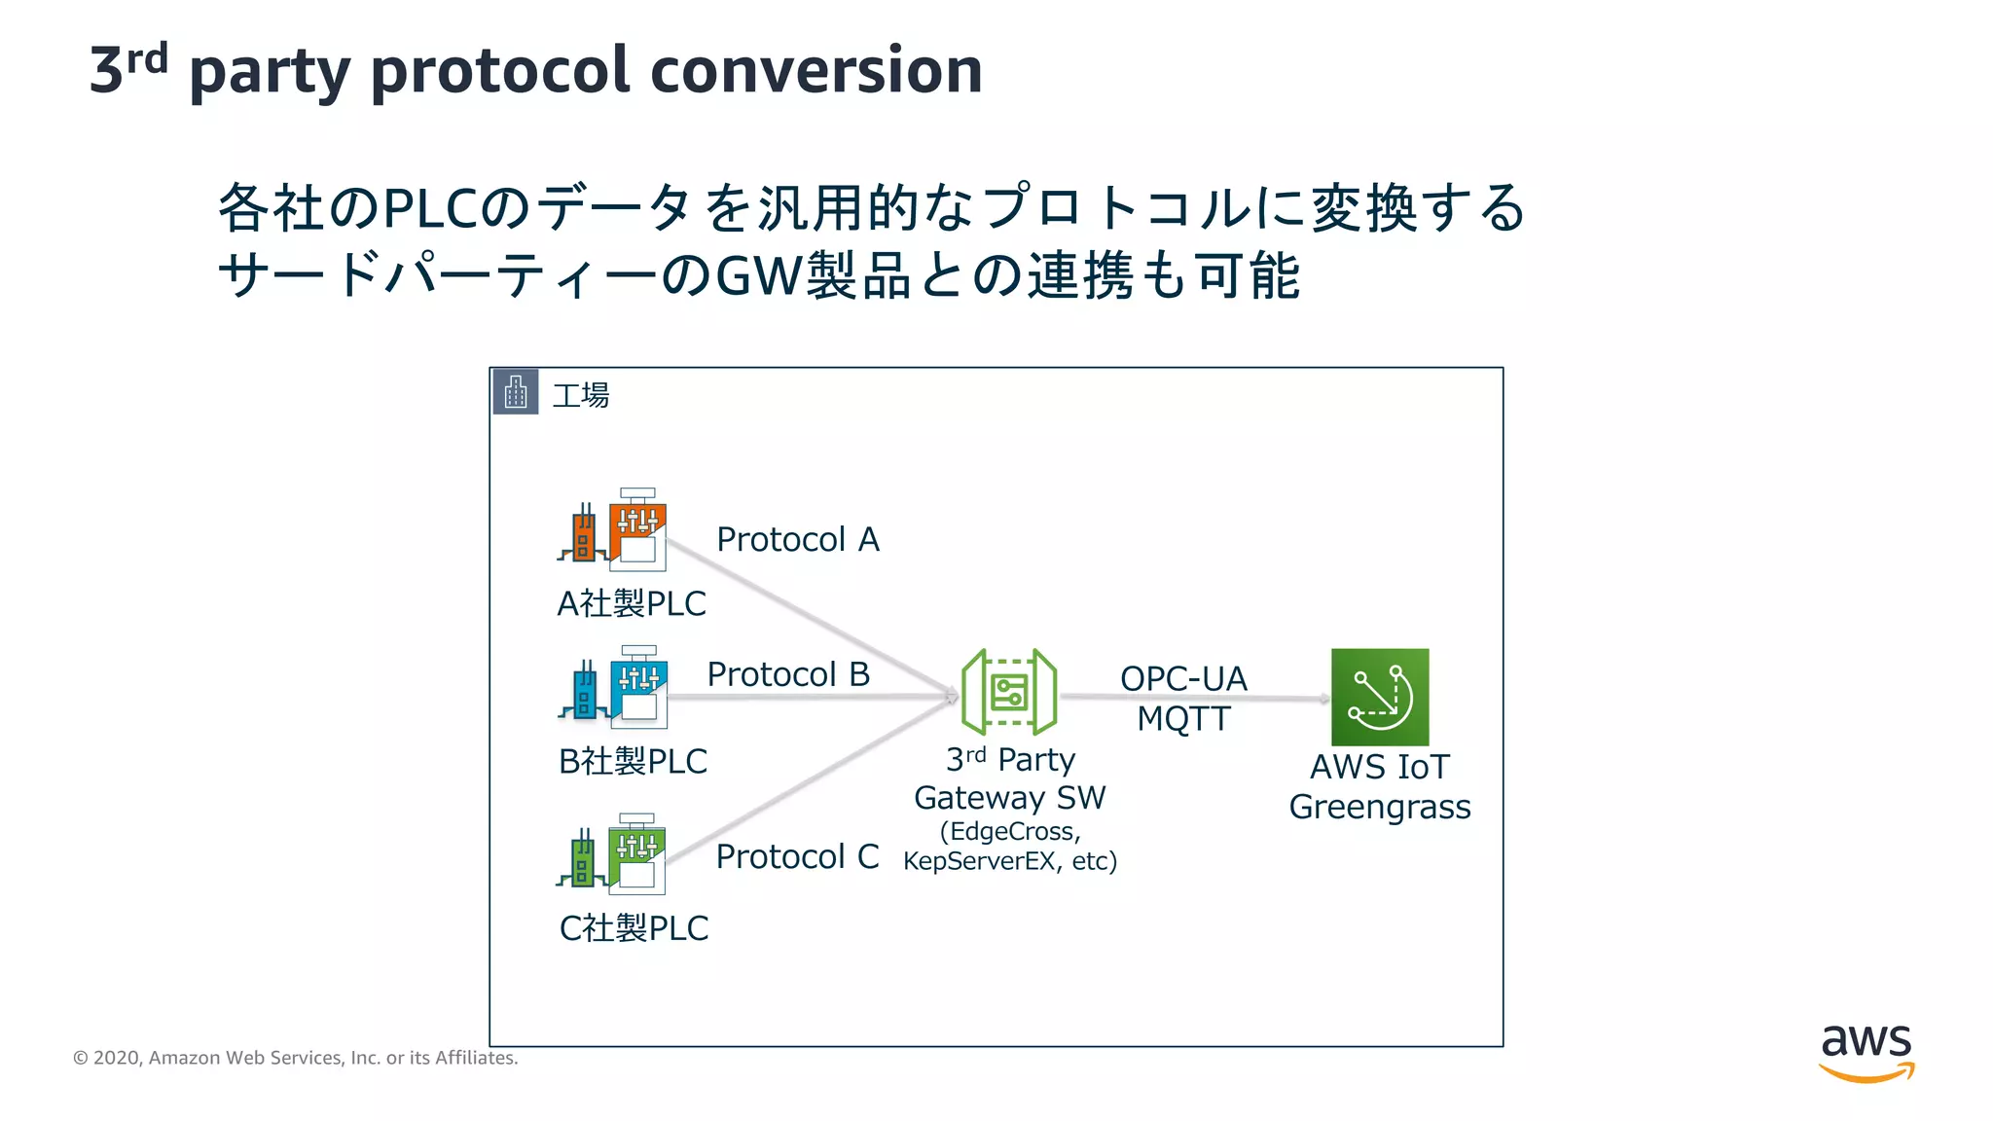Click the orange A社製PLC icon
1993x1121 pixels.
pos(614,530)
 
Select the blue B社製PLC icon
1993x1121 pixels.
pos(614,687)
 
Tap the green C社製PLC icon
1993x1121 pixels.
pos(612,854)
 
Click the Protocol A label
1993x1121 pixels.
pos(798,540)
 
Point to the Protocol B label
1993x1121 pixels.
pos(788,674)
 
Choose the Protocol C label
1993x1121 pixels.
pos(797,857)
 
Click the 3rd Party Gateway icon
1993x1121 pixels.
pos(1009,692)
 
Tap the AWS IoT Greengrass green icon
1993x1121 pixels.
pos(1379,697)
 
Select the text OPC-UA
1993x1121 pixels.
pos(1183,678)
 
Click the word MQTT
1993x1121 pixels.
pos(1183,719)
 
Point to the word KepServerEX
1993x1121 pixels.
pos(979,862)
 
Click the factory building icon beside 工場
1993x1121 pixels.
pos(516,392)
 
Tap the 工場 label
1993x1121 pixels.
pos(581,396)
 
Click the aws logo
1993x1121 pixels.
pos(1866,1051)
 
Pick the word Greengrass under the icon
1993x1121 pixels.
pos(1379,808)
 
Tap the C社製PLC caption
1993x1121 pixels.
pos(634,928)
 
